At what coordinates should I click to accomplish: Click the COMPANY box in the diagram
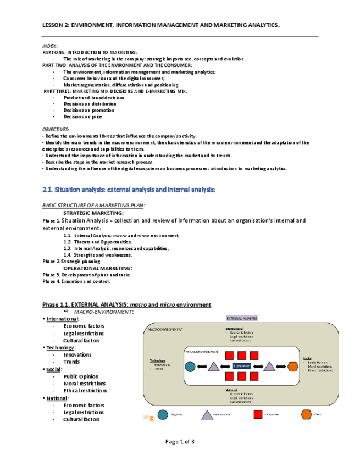tap(241, 366)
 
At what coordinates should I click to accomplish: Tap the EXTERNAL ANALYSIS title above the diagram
tap(242, 318)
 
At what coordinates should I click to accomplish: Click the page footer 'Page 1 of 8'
tap(180, 442)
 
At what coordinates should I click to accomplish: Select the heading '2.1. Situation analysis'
tap(129, 190)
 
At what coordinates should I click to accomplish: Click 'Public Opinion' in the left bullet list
tap(81, 376)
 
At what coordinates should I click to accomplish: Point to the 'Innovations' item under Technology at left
tap(77, 354)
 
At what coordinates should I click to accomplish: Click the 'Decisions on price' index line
tap(82, 116)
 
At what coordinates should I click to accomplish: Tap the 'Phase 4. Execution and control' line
tap(76, 281)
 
